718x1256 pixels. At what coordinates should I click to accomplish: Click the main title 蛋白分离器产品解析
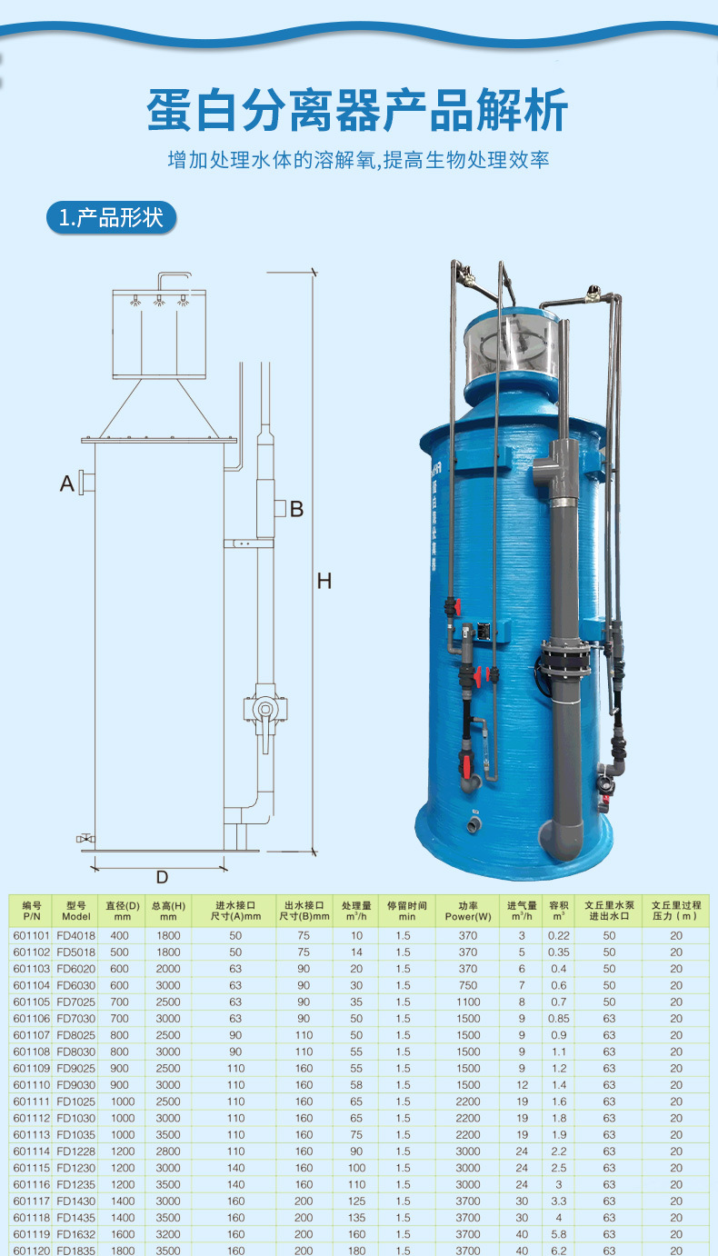pos(358,111)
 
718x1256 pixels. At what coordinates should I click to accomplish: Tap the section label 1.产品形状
pos(111,218)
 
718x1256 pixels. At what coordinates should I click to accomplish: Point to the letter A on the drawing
pos(66,484)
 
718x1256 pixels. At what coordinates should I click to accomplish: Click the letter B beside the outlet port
pos(296,509)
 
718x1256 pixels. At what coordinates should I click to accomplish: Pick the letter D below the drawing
pos(162,877)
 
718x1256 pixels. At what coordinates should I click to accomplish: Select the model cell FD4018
pos(75,936)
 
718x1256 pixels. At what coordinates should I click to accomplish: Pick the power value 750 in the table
pos(468,985)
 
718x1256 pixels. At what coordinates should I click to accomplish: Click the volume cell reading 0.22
pos(558,936)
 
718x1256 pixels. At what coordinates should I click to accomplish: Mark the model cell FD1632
pos(75,1234)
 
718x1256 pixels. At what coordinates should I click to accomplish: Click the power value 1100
pos(468,1002)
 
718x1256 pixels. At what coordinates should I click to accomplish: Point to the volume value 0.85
pos(558,1019)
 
